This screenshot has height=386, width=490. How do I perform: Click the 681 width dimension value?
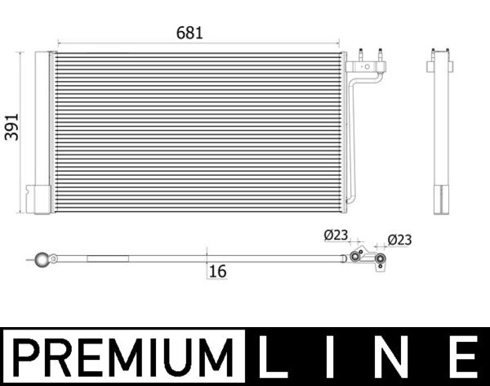pos(189,34)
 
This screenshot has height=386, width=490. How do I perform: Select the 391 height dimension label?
pos(11,126)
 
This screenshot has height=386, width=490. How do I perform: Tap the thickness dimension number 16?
pos(217,272)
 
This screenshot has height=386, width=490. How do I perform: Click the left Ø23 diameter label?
pos(336,236)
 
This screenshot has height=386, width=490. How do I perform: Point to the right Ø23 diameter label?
pos(399,240)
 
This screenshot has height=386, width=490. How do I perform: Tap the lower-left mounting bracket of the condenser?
pos(38,199)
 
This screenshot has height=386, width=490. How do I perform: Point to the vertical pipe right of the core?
pos(350,139)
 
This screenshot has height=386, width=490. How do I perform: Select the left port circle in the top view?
pos(355,257)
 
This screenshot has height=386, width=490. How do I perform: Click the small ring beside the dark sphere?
pos(53,259)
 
